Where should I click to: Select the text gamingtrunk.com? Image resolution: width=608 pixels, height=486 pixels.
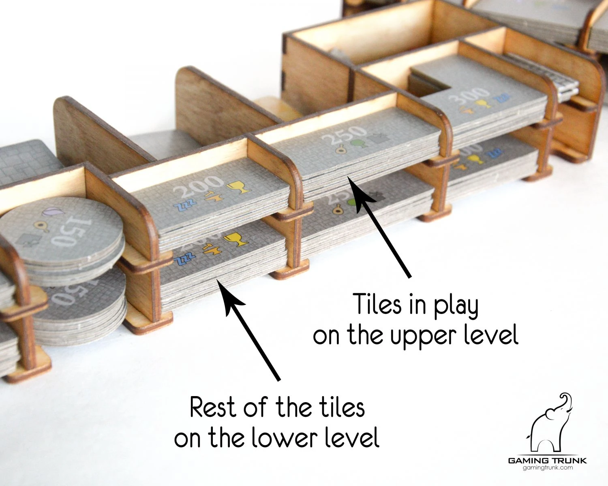click(x=548, y=468)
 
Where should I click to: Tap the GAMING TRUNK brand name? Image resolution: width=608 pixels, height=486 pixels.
click(x=548, y=460)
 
